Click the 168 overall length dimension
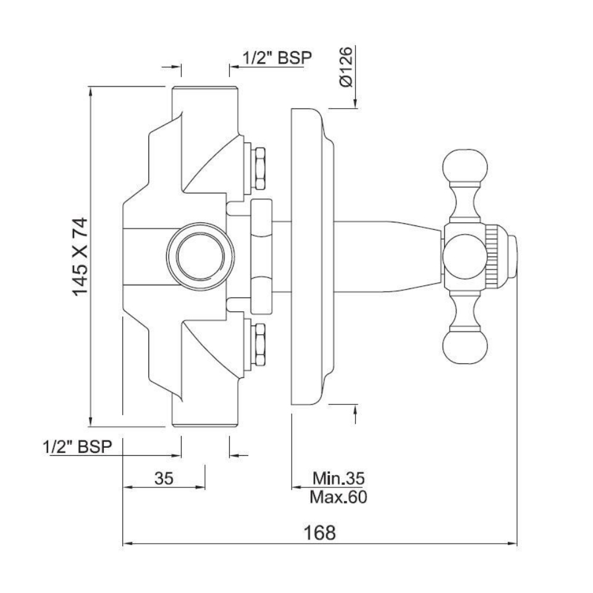(320, 532)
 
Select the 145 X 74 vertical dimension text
(80, 256)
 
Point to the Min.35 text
(339, 478)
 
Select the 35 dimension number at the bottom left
(164, 478)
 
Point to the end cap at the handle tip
(513, 256)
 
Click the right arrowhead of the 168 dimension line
(514, 544)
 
